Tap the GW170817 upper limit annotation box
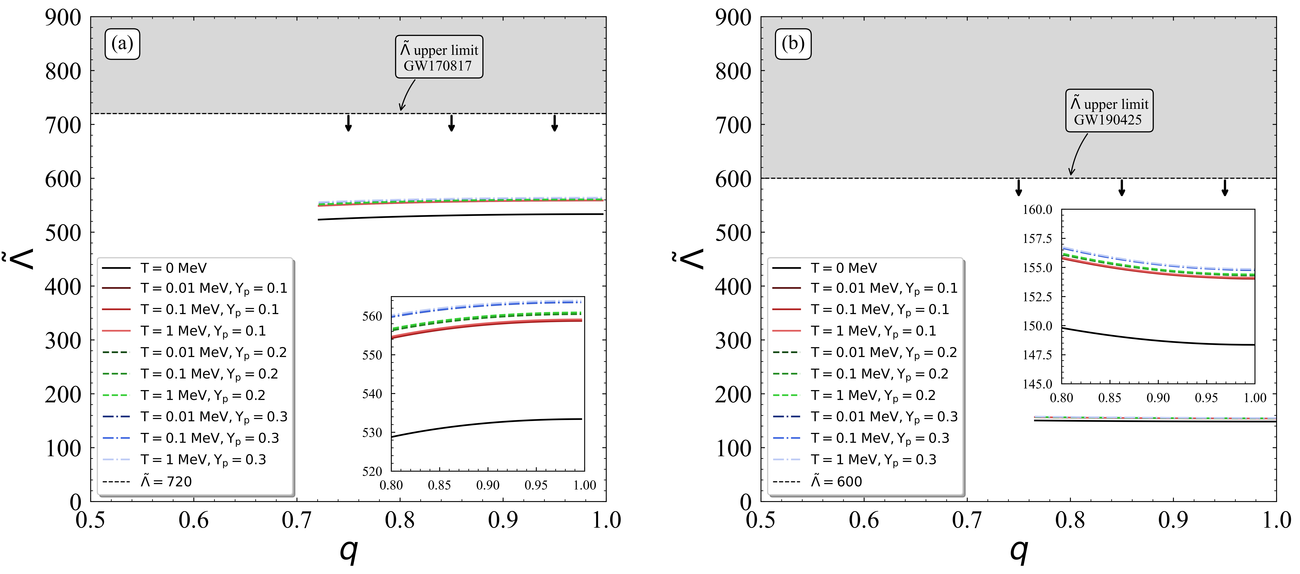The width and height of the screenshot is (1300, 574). click(439, 57)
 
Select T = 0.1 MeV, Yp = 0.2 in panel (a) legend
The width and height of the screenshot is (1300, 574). click(209, 374)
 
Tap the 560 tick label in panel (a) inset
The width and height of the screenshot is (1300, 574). click(372, 317)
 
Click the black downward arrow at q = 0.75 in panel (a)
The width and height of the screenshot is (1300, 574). click(348, 123)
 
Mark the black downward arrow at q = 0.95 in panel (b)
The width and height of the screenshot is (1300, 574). click(1225, 187)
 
